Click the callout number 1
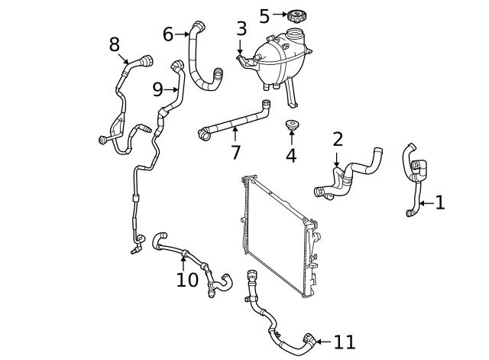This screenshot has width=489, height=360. pos(439,203)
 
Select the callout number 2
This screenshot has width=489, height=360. pos(338,139)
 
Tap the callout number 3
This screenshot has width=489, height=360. pos(241,29)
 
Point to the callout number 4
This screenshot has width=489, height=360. pos(291,157)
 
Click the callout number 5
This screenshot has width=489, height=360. pos(264,16)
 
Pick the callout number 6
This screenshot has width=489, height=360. pos(168,34)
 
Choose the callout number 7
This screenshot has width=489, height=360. pos(235,152)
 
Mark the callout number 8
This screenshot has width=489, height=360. pos(115,45)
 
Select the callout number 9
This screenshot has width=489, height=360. pos(158,89)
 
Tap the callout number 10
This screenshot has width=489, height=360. pos(187,280)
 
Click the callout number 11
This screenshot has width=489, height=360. pos(344,342)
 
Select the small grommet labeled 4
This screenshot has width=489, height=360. pos(291,125)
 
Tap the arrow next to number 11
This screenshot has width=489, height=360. pos(322,342)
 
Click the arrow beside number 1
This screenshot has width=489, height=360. pos(425,203)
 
